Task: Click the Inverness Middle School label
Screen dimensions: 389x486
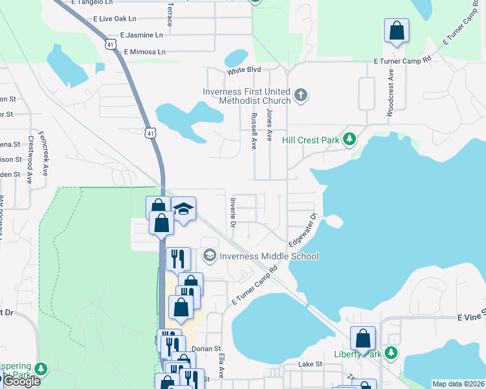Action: click(269, 256)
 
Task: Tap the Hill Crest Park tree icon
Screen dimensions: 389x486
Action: click(350, 139)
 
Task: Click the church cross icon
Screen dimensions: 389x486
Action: click(300, 95)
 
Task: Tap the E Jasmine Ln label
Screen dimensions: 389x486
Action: click(141, 35)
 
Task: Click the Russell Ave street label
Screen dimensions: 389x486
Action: click(253, 130)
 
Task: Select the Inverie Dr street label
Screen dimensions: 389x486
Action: click(232, 213)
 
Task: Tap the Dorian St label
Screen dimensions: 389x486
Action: click(207, 348)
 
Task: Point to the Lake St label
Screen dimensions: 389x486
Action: click(310, 364)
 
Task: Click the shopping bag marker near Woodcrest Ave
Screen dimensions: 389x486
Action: click(396, 30)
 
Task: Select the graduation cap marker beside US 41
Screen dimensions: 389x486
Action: click(184, 209)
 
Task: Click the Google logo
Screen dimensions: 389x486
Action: click(21, 381)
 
